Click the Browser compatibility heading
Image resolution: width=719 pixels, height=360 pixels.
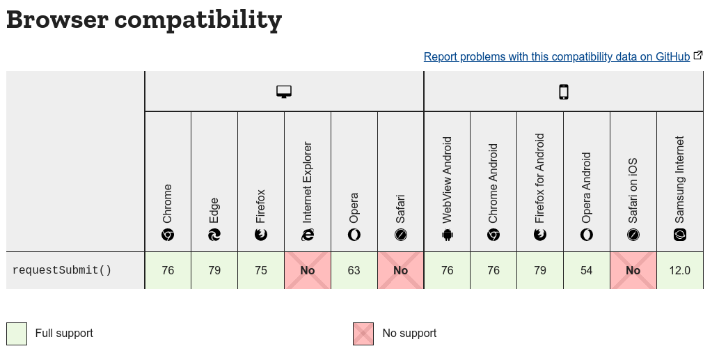(144, 19)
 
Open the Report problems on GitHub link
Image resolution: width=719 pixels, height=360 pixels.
(556, 57)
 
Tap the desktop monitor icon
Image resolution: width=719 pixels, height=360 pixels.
(284, 92)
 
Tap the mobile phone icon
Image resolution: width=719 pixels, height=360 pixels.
(564, 92)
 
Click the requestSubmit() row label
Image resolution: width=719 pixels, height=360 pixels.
(62, 270)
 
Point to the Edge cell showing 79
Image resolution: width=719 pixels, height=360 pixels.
(214, 270)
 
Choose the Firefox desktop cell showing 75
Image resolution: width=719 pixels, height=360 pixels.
(261, 270)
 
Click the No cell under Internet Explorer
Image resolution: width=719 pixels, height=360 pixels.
(308, 270)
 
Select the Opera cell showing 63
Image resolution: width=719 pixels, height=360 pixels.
(354, 270)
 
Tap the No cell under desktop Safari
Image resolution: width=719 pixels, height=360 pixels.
(401, 270)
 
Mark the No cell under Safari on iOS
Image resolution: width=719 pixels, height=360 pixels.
(633, 270)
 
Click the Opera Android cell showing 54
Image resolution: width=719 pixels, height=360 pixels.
(587, 270)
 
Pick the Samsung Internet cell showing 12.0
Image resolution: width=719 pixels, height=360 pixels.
(680, 270)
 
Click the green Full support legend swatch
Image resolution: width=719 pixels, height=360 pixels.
(17, 334)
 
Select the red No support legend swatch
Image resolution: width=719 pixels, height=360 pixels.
(363, 334)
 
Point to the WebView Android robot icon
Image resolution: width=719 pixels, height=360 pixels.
(447, 235)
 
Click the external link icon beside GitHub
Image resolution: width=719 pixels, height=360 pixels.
(698, 56)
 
